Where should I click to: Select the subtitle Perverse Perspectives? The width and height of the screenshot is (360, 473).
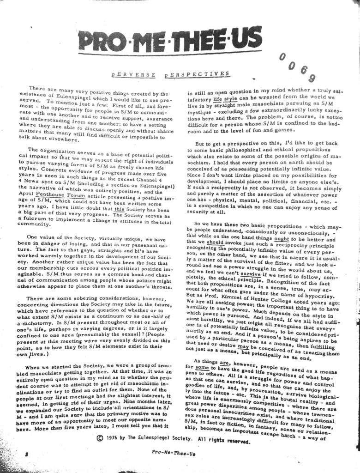171,74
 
